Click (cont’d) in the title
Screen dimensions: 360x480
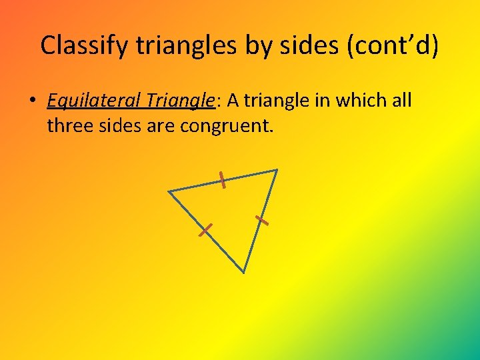coord(393,45)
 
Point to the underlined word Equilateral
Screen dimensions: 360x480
coord(93,101)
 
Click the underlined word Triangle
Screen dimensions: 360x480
coord(179,101)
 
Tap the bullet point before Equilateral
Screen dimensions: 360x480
coord(32,101)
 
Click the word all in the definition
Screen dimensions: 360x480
coord(402,101)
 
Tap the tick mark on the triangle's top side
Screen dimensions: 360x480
coord(223,179)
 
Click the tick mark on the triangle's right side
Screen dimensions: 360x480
coord(261,219)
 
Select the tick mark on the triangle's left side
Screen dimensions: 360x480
coord(205,231)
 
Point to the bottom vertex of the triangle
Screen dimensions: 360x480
coord(244,272)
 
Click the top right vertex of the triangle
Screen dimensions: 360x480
coord(277,170)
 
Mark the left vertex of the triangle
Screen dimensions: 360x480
coord(169,192)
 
